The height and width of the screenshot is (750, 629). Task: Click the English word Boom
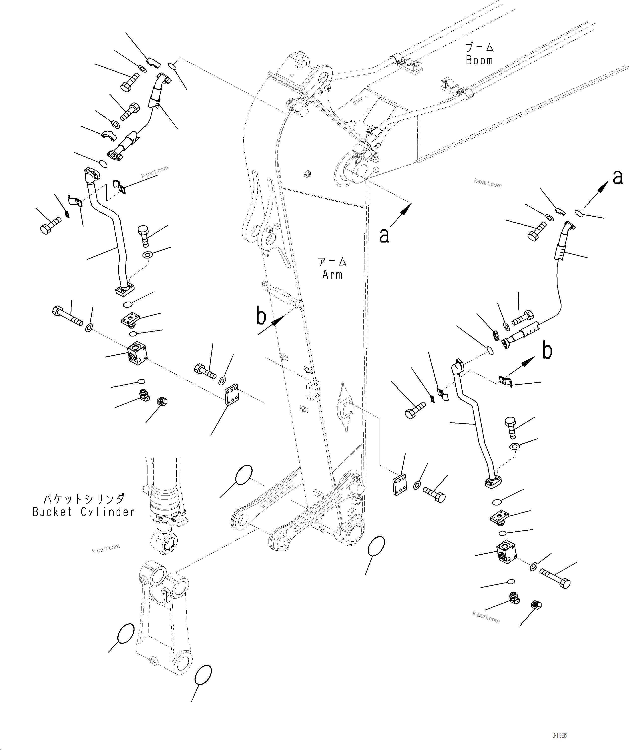click(479, 60)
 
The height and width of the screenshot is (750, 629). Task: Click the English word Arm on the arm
click(332, 275)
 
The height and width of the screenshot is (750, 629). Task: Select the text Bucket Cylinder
click(83, 512)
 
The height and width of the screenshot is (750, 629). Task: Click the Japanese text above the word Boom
click(479, 47)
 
